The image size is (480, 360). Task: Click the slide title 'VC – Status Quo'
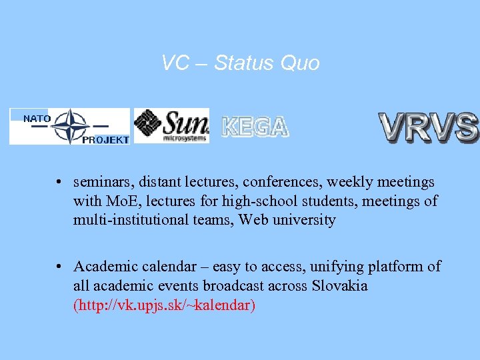[x=240, y=63]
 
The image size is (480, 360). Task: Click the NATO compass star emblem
[x=70, y=126]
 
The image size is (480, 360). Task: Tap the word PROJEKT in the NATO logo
[x=105, y=140]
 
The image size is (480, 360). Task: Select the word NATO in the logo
[x=37, y=119]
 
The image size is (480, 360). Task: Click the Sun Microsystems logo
[x=171, y=125]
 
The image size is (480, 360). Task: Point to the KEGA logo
[x=255, y=127]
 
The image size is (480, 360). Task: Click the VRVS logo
[x=428, y=127]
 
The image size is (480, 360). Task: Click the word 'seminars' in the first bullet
[x=100, y=182]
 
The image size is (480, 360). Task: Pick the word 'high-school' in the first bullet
[x=263, y=201]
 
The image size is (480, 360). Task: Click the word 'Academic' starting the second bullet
[x=102, y=267]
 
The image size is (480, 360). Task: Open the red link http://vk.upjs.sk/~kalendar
[x=164, y=305]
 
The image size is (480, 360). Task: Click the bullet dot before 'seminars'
[x=59, y=183]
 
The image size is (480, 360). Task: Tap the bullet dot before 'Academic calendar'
[x=59, y=267]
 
